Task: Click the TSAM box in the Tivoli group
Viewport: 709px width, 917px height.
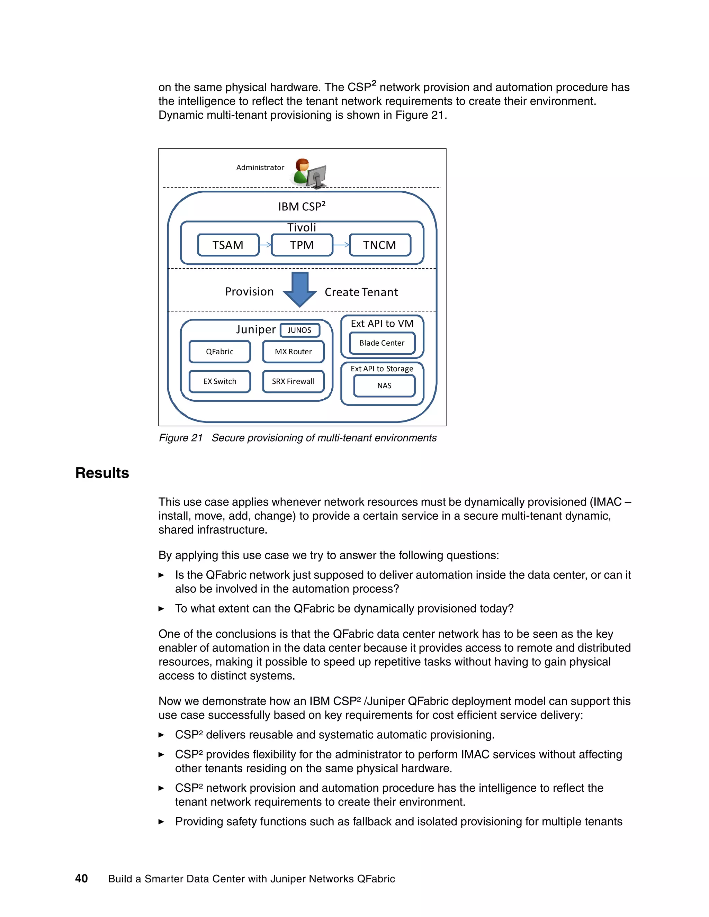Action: pyautogui.click(x=228, y=245)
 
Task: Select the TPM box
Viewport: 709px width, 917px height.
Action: pyautogui.click(x=302, y=245)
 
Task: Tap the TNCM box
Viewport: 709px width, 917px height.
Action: pyautogui.click(x=380, y=245)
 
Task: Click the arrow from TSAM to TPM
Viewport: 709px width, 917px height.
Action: pyautogui.click(x=266, y=245)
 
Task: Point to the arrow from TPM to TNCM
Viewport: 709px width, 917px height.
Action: pyautogui.click(x=341, y=245)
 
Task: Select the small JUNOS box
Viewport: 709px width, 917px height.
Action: pyautogui.click(x=299, y=330)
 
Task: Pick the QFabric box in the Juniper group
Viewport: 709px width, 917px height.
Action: pyautogui.click(x=220, y=352)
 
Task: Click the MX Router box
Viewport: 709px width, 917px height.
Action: pyautogui.click(x=293, y=352)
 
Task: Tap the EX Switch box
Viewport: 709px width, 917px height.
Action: pyautogui.click(x=220, y=381)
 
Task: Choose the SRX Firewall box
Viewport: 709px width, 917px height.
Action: pyautogui.click(x=293, y=381)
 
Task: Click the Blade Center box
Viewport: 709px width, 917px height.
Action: pyautogui.click(x=382, y=343)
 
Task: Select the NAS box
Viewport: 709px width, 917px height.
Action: pyautogui.click(x=384, y=386)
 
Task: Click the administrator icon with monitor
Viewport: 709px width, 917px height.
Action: pyautogui.click(x=310, y=173)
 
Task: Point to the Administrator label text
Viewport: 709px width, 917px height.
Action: pyautogui.click(x=260, y=167)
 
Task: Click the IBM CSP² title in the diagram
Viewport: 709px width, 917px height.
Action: pyautogui.click(x=302, y=207)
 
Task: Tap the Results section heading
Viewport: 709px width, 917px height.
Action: pyautogui.click(x=102, y=473)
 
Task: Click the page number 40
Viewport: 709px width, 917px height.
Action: pyautogui.click(x=81, y=878)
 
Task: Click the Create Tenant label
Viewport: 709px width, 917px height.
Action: pyautogui.click(x=361, y=292)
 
